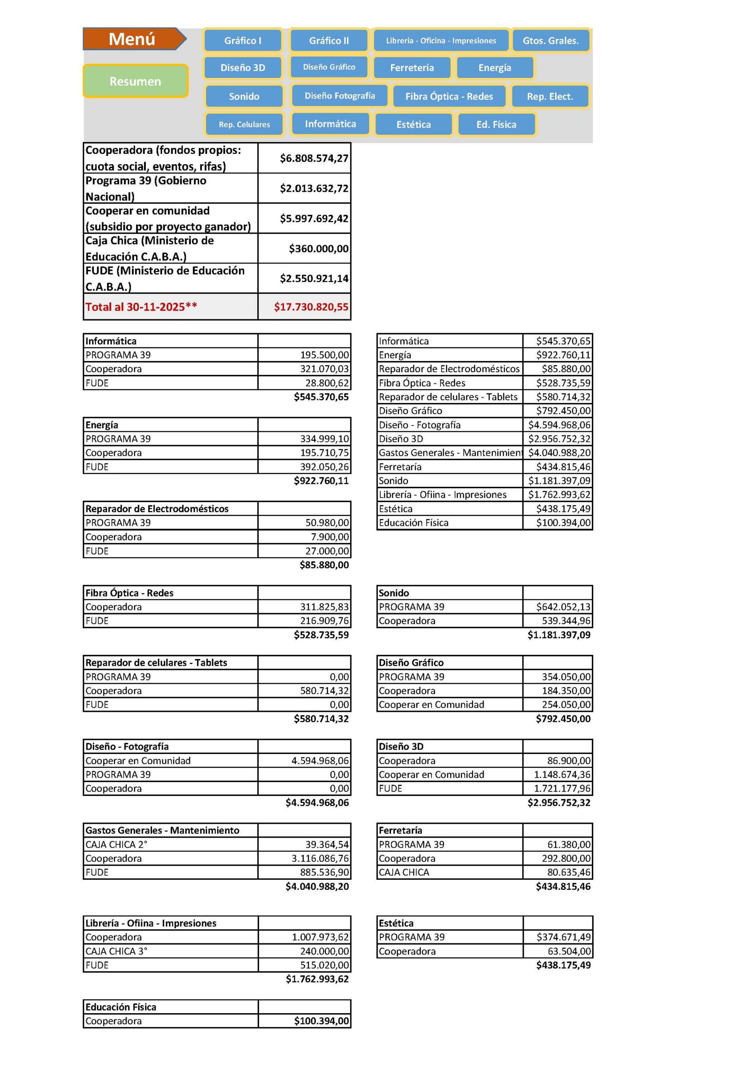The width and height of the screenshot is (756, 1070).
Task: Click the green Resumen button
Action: (135, 81)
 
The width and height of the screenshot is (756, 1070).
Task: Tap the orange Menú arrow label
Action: (132, 39)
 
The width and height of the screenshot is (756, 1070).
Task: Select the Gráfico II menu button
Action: (329, 41)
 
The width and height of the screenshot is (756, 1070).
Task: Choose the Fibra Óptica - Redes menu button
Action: (449, 97)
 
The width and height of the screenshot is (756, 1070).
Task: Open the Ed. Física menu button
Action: (496, 125)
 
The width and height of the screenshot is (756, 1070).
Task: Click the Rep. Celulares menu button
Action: (244, 125)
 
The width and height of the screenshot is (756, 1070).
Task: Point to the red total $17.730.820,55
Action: (311, 307)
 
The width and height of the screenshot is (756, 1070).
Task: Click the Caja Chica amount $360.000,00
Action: (319, 248)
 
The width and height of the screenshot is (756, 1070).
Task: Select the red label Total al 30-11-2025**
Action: (141, 307)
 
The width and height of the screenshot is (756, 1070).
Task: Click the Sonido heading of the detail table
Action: (393, 593)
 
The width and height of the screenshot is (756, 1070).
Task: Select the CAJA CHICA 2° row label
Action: (116, 844)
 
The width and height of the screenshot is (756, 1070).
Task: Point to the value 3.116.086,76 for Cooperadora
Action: (320, 858)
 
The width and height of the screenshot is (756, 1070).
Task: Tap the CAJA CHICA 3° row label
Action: (116, 951)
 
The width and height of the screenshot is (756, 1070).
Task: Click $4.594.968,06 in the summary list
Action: (559, 425)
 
